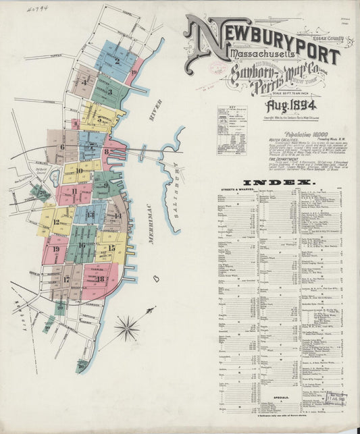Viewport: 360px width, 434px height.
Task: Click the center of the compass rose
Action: [126, 329]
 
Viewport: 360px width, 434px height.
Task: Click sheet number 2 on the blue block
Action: [117, 63]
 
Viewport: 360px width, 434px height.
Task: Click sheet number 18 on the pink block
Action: [100, 278]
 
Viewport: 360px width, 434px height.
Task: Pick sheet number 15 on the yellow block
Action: [112, 248]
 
